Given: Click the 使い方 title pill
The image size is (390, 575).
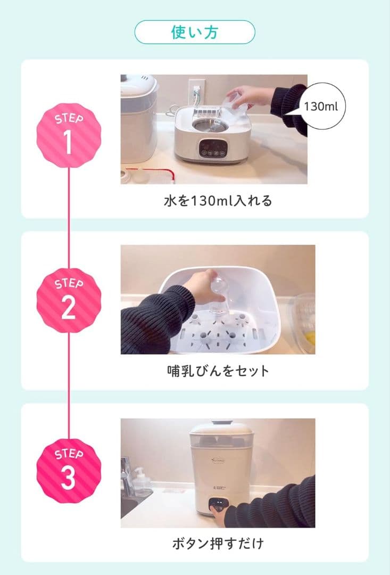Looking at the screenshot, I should [x=195, y=32].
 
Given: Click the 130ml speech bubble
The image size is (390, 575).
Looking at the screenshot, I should [x=321, y=106].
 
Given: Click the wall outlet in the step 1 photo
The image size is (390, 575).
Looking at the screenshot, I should [x=196, y=91].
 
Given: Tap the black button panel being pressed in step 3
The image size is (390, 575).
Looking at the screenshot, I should [x=219, y=505].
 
